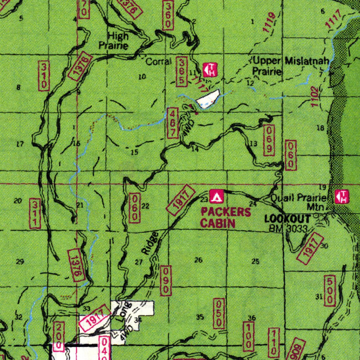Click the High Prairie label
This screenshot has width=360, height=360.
coord(114,40)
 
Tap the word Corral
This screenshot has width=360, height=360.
coord(158,62)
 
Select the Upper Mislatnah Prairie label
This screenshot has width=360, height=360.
coord(290,66)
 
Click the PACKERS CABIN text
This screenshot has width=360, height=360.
coord(225,217)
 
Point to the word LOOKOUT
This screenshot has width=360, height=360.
coord(287,219)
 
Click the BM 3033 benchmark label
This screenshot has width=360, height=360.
coord(288,229)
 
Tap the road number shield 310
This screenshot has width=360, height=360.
coord(44,76)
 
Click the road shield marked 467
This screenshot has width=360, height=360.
coord(173,123)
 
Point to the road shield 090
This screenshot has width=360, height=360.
coord(166,280)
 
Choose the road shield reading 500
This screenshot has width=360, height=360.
coord(330,291)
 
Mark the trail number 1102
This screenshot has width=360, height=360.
coord(315,97)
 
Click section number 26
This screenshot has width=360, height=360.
coord(199,260)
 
